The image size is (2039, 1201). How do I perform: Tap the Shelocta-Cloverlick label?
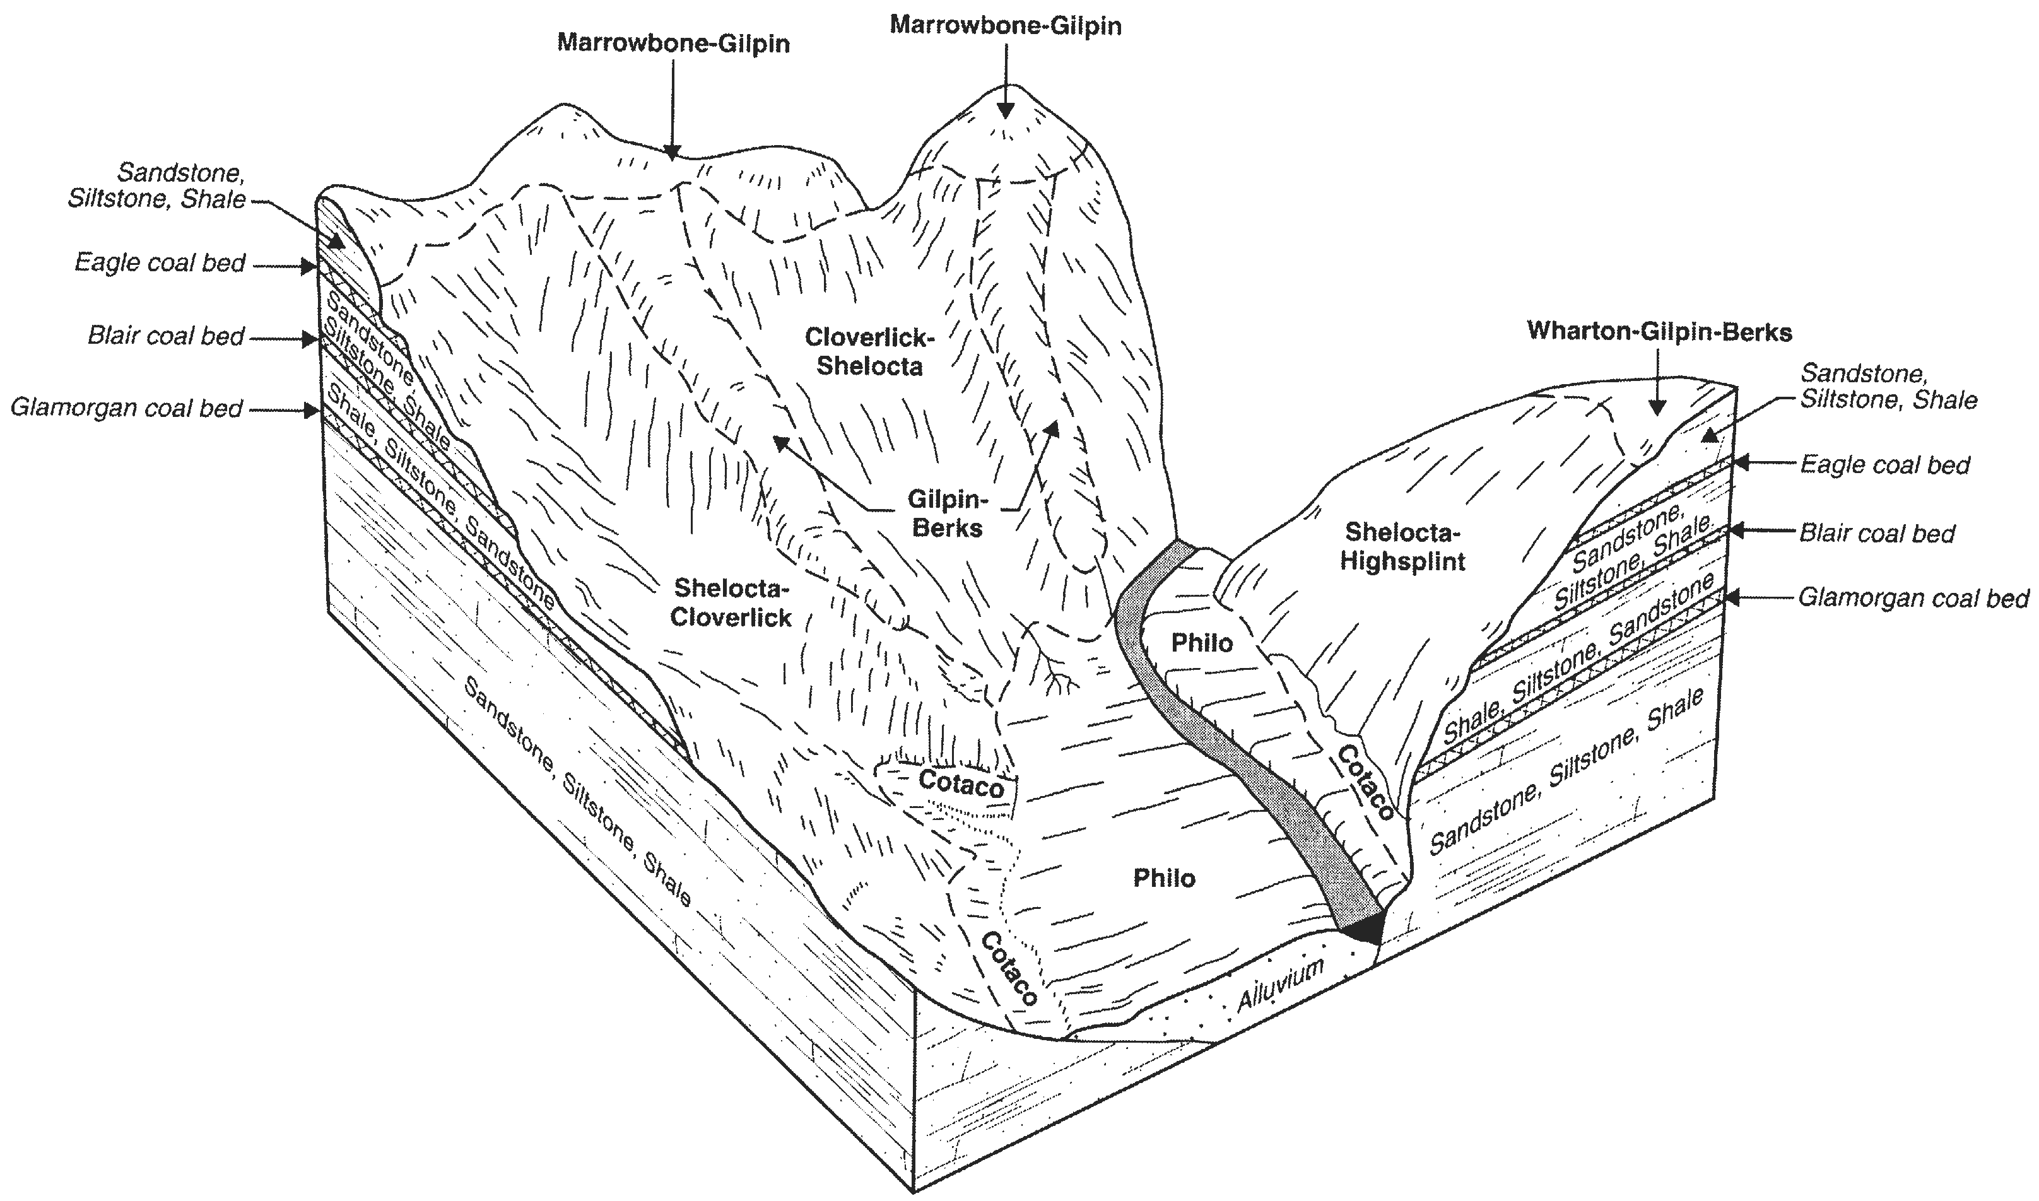[731, 602]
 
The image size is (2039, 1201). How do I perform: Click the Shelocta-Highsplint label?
[1403, 546]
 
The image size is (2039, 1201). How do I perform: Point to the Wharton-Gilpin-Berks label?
[1659, 332]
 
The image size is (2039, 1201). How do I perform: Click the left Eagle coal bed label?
[160, 263]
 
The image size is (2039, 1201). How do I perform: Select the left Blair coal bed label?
[166, 336]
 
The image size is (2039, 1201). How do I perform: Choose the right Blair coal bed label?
[1877, 534]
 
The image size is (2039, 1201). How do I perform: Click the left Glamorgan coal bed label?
[126, 408]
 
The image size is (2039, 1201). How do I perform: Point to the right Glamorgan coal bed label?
[1913, 598]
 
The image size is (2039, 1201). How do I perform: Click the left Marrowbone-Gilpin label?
[673, 43]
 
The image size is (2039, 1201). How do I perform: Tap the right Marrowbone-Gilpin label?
[1006, 25]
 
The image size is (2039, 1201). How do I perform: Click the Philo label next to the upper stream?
[1202, 643]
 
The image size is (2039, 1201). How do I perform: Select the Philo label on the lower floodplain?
[1164, 878]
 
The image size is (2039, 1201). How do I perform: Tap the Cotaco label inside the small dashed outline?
[961, 783]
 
